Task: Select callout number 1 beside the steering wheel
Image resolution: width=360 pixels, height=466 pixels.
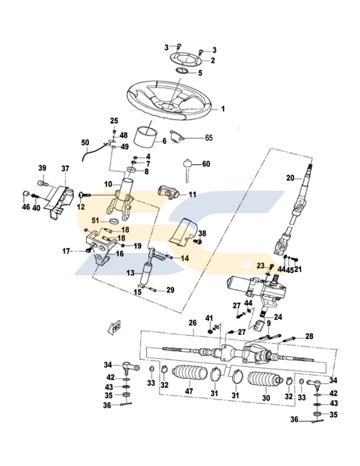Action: pos(223,109)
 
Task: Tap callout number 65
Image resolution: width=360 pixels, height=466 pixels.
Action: pos(208,138)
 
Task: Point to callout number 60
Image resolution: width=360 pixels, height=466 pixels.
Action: pos(206,164)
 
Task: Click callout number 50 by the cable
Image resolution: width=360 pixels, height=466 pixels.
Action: pos(85,143)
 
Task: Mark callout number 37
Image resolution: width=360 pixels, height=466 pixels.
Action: pos(65,169)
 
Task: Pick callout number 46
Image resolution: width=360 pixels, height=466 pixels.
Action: pos(25,207)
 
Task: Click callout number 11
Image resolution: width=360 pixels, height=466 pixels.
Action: pos(192,194)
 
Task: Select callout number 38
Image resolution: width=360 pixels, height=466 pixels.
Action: pos(202,233)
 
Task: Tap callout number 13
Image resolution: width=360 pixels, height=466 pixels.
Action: pos(130,272)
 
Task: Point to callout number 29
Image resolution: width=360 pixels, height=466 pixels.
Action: pos(170,290)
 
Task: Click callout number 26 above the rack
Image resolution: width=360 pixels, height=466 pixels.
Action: pos(192,323)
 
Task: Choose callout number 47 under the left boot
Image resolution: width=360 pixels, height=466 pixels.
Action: pos(189,391)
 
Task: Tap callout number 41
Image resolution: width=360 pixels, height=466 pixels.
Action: pos(208,318)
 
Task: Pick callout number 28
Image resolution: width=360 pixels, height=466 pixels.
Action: pos(309,336)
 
